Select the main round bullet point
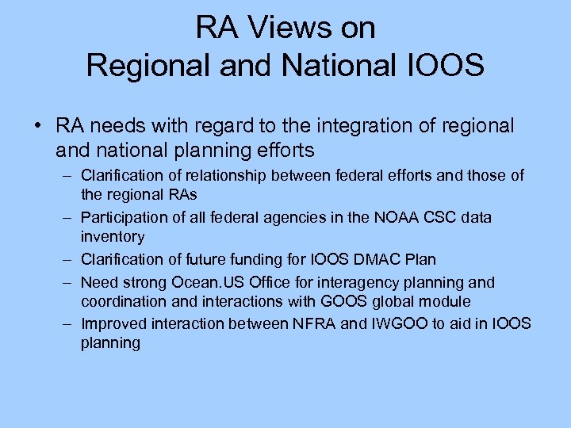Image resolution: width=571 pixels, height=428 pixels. tap(38, 126)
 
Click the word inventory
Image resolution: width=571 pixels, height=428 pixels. tap(113, 236)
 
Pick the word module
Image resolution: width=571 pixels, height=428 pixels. tap(445, 301)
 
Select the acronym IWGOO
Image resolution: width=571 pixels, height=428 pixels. tap(390, 323)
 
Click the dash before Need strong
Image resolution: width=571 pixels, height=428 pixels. tap(67, 282)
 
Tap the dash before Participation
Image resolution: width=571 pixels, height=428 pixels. tap(67, 218)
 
